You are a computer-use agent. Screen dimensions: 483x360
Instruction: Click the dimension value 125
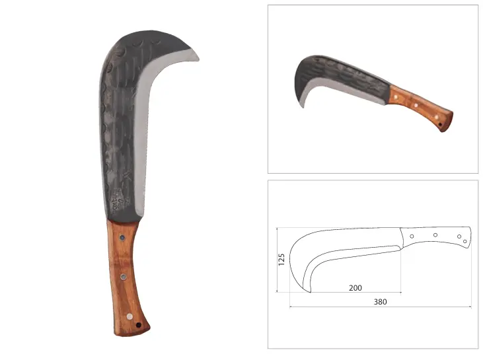(x=281, y=260)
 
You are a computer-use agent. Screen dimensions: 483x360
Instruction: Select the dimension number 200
(x=355, y=288)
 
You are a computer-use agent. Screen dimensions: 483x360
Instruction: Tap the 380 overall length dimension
(x=380, y=302)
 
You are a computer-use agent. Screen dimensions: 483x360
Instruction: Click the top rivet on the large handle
(x=122, y=238)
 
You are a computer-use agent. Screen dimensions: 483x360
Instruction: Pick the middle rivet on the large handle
(x=124, y=277)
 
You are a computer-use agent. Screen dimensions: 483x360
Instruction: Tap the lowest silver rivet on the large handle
(x=130, y=316)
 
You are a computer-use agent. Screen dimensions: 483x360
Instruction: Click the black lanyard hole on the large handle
(x=139, y=325)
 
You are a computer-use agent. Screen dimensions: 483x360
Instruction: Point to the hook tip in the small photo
(x=303, y=106)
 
